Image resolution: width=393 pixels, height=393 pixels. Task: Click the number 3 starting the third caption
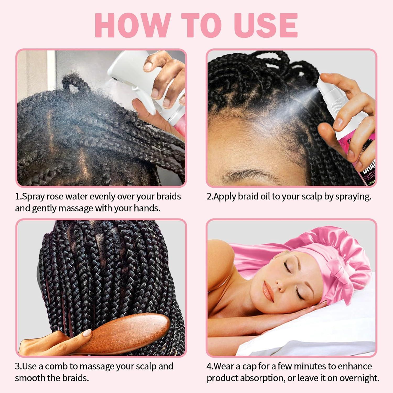(x=17, y=366)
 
